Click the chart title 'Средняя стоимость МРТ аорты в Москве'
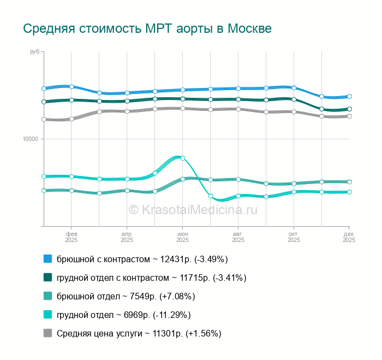click(147, 28)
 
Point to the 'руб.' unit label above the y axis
click(35, 52)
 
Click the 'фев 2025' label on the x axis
click(71, 237)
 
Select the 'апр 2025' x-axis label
click(127, 237)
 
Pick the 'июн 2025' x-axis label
click(182, 237)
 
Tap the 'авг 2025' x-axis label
click(238, 237)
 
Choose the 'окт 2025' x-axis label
click(294, 237)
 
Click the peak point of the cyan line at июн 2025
click(183, 158)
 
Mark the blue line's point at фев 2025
click(71, 86)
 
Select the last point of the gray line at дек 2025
click(349, 116)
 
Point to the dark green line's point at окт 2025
click(294, 99)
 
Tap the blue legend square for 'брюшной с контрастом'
click(48, 258)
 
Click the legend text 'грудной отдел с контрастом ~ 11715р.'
click(152, 278)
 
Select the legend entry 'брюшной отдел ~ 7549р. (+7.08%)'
click(126, 296)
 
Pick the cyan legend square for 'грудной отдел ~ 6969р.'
click(48, 315)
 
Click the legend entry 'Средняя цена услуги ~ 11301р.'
click(139, 333)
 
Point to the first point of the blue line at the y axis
click(44, 88)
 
